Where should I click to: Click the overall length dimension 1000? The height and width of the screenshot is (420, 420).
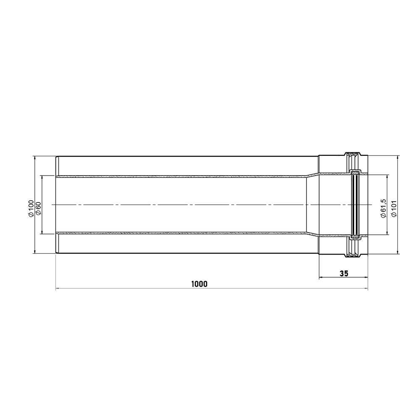coord(199,284)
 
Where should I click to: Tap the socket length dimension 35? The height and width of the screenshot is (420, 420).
coord(344,273)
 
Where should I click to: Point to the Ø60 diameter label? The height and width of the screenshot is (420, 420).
coord(38,209)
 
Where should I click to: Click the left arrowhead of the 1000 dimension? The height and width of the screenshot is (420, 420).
coord(58,289)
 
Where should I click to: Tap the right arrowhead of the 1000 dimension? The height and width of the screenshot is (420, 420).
coord(366,289)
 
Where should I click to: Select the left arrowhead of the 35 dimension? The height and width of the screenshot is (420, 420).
coord(321,278)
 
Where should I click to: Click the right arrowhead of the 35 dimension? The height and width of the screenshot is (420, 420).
coord(366,278)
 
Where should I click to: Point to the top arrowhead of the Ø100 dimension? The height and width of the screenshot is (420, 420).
coord(34,158)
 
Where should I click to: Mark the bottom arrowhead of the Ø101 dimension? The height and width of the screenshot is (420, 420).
coord(398,252)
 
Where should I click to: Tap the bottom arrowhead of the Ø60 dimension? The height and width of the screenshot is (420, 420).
coord(42,231)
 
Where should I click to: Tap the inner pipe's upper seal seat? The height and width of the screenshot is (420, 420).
coord(355,171)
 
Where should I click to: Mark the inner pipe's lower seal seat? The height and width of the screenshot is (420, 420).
coord(355,237)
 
